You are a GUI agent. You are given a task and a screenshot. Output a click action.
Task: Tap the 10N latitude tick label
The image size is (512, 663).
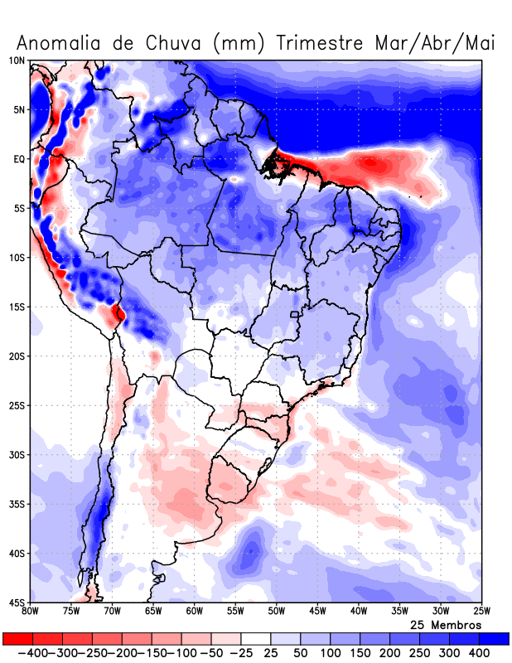tap(17, 60)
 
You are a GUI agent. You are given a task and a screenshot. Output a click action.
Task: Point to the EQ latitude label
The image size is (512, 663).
tap(19, 159)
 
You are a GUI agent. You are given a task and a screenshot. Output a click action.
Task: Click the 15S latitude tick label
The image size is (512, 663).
tap(17, 307)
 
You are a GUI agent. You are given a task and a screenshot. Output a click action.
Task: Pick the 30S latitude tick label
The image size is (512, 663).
tap(17, 455)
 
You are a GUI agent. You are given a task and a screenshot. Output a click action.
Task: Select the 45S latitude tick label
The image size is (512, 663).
tap(17, 602)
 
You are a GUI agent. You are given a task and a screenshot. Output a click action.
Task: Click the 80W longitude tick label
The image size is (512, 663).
tap(30, 611)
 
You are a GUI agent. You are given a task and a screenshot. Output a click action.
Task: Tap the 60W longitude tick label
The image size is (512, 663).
tap(194, 611)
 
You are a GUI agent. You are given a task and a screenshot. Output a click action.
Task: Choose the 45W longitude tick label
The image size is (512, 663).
tap(317, 611)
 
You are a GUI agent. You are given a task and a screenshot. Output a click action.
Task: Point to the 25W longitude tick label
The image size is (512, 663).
tap(481, 611)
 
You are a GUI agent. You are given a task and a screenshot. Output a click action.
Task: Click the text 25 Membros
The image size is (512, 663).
tap(446, 624)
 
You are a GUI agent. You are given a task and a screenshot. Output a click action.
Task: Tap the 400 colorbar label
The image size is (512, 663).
tap(480, 653)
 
